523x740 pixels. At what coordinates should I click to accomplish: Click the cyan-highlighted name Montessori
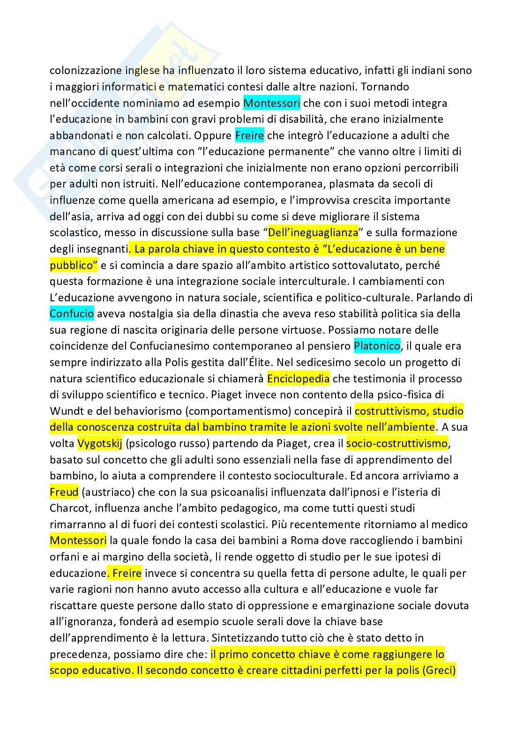pos(272,103)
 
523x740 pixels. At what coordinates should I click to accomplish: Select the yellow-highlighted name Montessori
pos(78,540)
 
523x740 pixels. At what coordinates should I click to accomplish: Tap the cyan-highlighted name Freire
pos(249,135)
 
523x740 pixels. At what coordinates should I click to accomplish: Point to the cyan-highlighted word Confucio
pos(72,314)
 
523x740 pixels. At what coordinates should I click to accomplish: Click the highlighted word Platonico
pos(377,346)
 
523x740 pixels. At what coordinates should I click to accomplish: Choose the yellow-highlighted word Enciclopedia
pos(299,378)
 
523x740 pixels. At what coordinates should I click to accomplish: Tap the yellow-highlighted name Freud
pos(64,492)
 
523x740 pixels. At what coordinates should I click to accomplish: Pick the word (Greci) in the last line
pos(439,670)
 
